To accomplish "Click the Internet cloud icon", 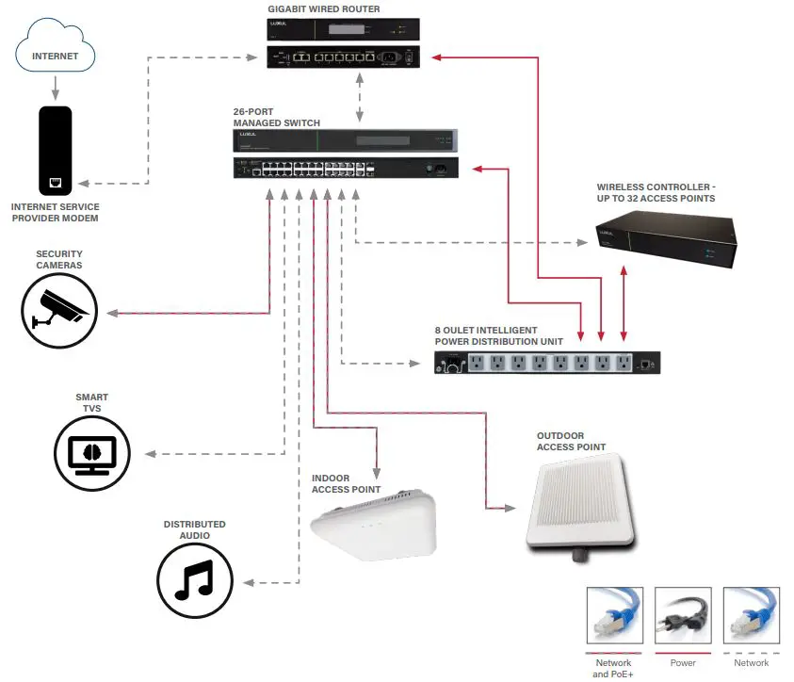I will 56,55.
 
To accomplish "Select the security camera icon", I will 59,310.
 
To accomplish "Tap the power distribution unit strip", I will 546,363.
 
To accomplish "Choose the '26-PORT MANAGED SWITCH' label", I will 277,118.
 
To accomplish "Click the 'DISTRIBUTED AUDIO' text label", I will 194,530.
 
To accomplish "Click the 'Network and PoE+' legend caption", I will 613,669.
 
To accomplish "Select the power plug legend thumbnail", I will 682,616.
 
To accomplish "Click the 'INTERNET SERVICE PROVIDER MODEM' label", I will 56,212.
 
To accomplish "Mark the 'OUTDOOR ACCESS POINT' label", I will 571,441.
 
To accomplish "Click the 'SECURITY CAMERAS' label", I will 59,259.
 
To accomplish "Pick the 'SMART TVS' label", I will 91,402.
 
